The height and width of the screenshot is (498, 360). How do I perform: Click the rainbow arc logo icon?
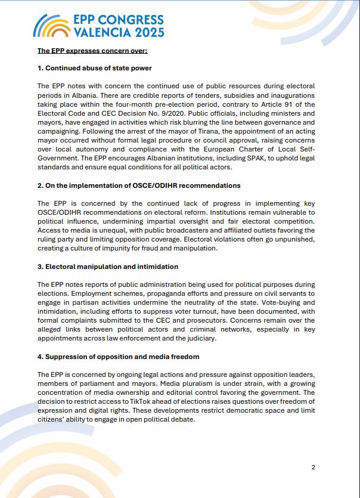[x=50, y=26]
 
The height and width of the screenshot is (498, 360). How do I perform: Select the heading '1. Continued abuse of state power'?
[x=94, y=68]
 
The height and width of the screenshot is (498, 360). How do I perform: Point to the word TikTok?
[x=135, y=401]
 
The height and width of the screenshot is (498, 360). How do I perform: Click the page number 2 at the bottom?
[x=313, y=467]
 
